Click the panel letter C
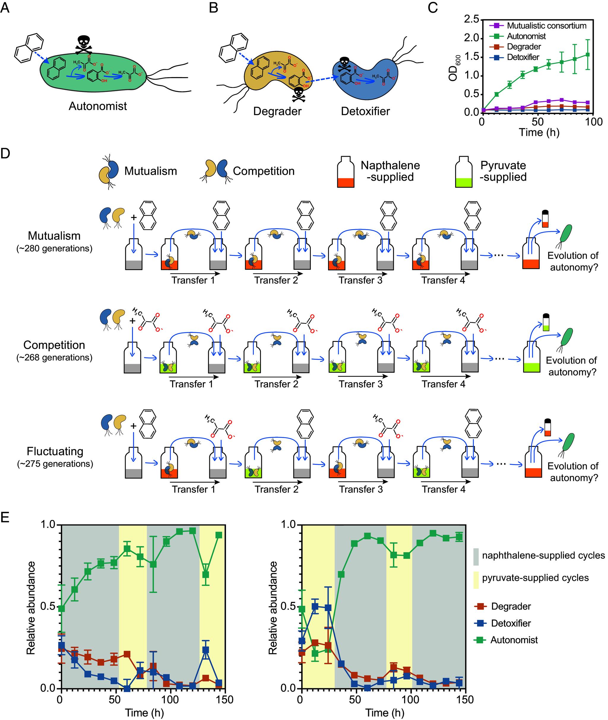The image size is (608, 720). [433, 8]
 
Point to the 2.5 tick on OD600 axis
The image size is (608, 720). [471, 20]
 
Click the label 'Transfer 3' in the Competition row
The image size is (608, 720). [360, 384]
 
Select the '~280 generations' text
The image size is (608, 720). [54, 248]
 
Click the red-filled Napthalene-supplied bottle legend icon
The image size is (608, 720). [346, 172]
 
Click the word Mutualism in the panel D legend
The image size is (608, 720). [151, 171]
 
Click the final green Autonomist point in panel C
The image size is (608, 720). [588, 54]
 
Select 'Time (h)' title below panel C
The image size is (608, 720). [539, 132]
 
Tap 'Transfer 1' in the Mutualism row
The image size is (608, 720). [193, 280]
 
